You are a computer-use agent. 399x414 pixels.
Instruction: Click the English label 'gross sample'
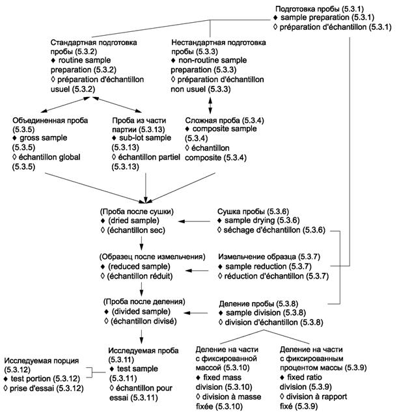point(42,139)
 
